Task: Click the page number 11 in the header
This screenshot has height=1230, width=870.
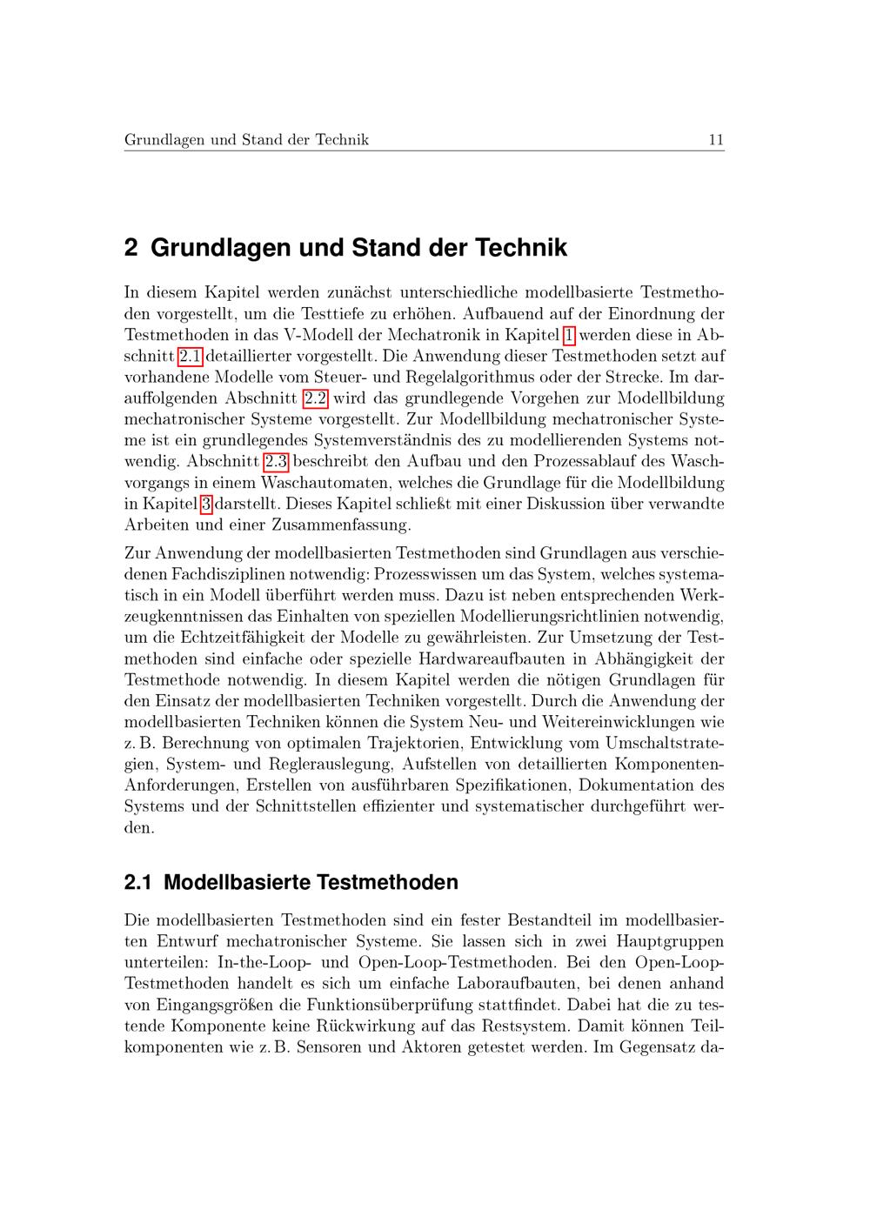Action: [716, 139]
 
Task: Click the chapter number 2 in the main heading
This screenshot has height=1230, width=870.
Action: [131, 248]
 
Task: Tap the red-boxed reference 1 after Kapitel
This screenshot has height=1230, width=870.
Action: [570, 335]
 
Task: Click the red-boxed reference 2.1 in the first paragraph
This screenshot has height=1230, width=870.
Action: [191, 356]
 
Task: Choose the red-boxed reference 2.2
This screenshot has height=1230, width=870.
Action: [315, 398]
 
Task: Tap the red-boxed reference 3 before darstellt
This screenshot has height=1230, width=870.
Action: [206, 504]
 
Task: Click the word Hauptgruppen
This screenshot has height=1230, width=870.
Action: [670, 941]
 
